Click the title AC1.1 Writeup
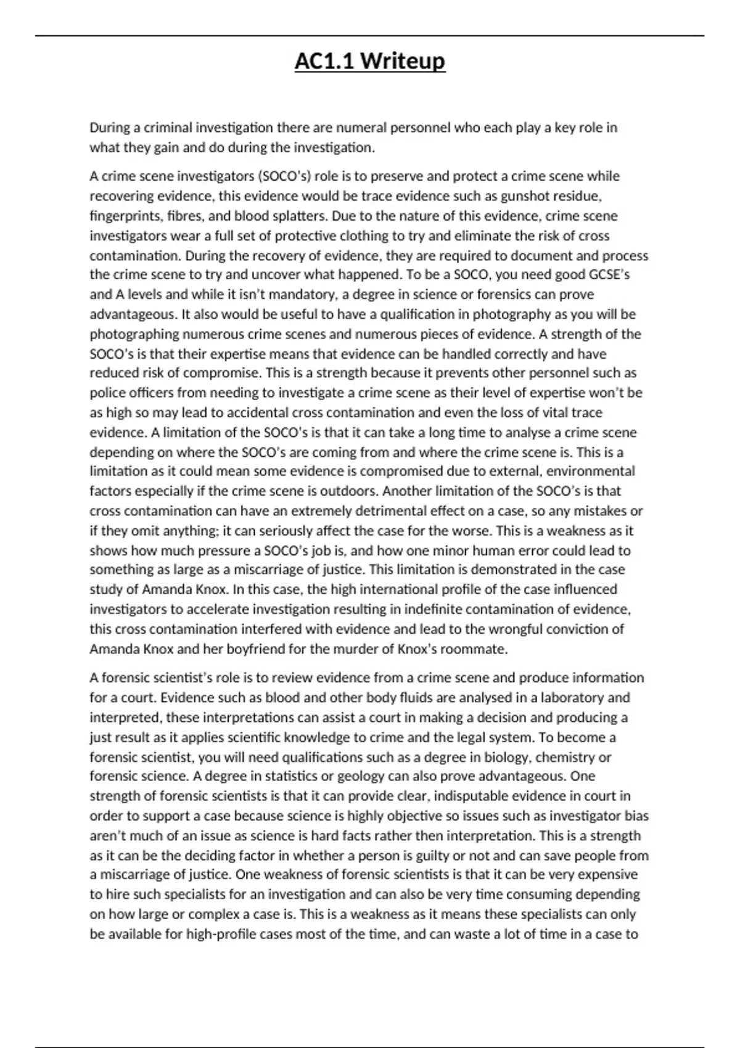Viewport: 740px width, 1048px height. click(x=369, y=62)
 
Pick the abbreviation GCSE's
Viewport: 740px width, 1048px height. click(x=609, y=274)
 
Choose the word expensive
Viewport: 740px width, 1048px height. click(x=608, y=874)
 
